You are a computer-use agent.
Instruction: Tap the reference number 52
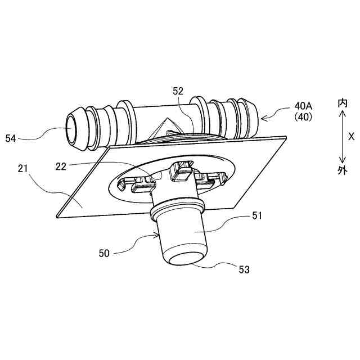[x=178, y=91]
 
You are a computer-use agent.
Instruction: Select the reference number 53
[x=244, y=269]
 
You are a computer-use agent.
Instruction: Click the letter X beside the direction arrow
[x=351, y=136]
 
